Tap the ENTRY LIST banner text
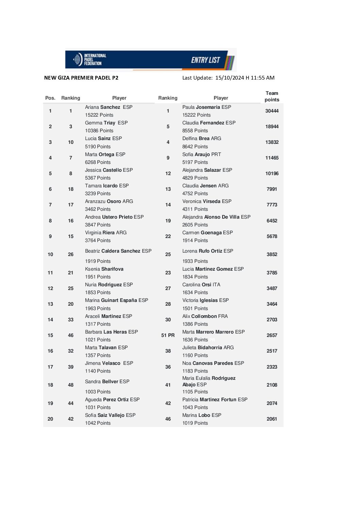[x=205, y=60]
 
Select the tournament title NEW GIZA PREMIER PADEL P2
[x=81, y=78]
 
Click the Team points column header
[x=272, y=96]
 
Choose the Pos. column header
[x=50, y=98]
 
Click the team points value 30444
[x=272, y=111]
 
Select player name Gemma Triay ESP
[x=106, y=123]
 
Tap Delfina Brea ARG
[x=202, y=138]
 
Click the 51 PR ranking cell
[x=168, y=335]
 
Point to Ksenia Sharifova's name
[x=104, y=269]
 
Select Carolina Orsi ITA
[x=201, y=285]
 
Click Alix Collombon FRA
[x=205, y=316]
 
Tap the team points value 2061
[x=272, y=419]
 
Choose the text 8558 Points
[x=195, y=131]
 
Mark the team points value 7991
[x=272, y=189]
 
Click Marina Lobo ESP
[x=202, y=415]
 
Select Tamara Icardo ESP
[x=107, y=186]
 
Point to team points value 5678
[x=272, y=236]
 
